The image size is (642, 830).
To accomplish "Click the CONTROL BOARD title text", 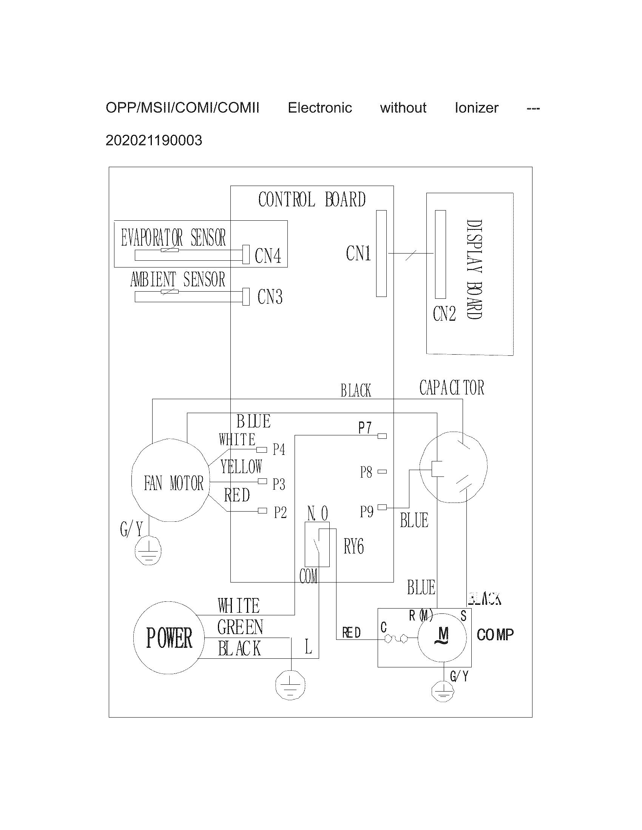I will tap(312, 200).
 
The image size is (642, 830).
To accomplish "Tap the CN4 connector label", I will tap(268, 256).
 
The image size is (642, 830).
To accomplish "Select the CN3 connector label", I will tap(270, 297).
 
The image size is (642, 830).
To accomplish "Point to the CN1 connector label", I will tap(358, 253).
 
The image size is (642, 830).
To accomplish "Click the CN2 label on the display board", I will tap(444, 314).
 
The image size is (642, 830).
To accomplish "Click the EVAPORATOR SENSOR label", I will tap(173, 238).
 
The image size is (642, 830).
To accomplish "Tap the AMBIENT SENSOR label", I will tap(177, 280).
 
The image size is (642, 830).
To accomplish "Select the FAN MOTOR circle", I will tap(170, 481).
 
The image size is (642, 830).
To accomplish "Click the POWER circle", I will tap(169, 638).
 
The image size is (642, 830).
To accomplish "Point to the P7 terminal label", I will tap(365, 428).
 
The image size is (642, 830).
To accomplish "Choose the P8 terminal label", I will tap(366, 472).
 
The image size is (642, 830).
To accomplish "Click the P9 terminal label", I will tap(367, 512).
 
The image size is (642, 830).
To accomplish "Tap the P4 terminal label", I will tap(279, 450).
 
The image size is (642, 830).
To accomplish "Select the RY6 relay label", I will tap(354, 547).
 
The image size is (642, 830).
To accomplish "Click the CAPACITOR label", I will tap(451, 388).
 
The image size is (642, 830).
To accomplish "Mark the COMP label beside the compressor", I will tap(495, 634).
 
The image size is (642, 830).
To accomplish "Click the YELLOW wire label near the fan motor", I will tap(241, 467).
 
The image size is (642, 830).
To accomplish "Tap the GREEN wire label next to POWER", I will tap(240, 627).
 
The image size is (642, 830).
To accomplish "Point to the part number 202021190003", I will tap(154, 141).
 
